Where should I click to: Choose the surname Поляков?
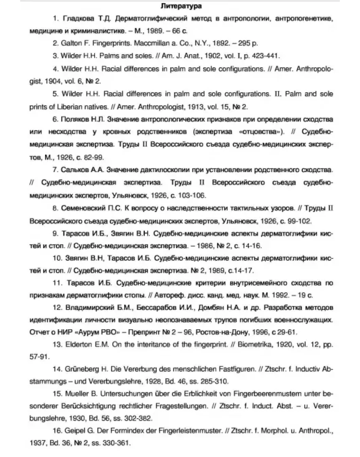(75, 119)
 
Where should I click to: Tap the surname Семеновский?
(82, 208)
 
